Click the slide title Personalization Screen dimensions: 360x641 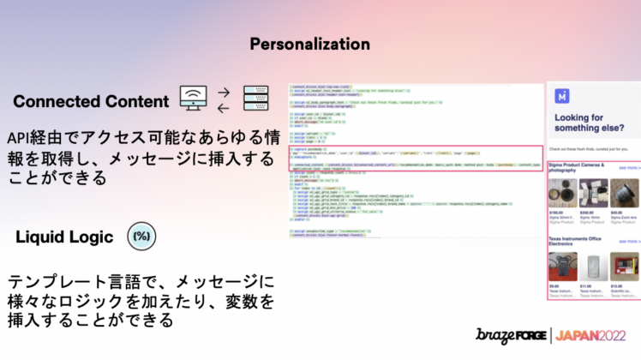[309, 44]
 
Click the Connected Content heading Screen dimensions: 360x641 [91, 101]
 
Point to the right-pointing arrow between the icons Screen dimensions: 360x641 [225, 92]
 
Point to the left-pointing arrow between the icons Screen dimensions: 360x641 [225, 107]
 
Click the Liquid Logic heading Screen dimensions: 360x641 [63, 237]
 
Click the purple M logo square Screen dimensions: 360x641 [561, 96]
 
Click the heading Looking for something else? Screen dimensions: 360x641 [587, 124]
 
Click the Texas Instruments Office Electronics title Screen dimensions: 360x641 [578, 242]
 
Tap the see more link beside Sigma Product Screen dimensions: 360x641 [629, 169]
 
